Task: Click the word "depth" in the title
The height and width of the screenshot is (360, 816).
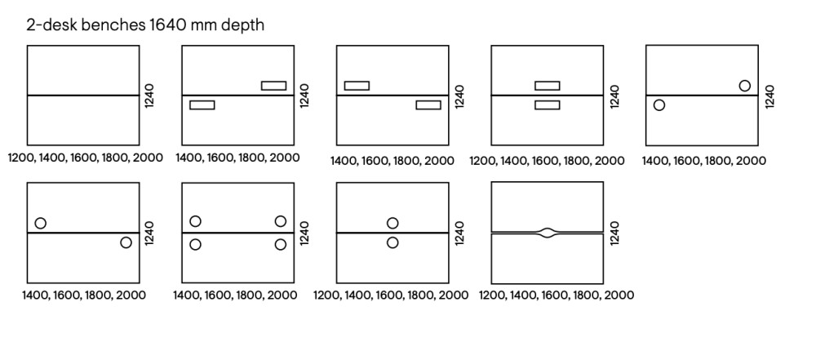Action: pyautogui.click(x=242, y=25)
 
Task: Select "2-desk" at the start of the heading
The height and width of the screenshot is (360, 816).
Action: pyautogui.click(x=47, y=25)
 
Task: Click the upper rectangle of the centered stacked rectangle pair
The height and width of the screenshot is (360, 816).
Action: pyautogui.click(x=548, y=86)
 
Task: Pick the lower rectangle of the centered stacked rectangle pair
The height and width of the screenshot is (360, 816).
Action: pyautogui.click(x=548, y=104)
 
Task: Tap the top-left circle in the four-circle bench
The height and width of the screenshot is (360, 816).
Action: pyautogui.click(x=196, y=221)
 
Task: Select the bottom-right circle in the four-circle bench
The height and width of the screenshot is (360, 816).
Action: pyautogui.click(x=281, y=244)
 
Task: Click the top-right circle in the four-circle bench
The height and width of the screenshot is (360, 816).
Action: pyautogui.click(x=281, y=221)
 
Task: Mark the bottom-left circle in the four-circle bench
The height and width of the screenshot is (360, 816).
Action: pyautogui.click(x=196, y=244)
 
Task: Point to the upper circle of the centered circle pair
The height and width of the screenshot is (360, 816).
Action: pyautogui.click(x=392, y=223)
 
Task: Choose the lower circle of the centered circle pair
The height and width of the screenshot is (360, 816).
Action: pyautogui.click(x=392, y=243)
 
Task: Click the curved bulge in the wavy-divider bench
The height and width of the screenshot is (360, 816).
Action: pyautogui.click(x=548, y=232)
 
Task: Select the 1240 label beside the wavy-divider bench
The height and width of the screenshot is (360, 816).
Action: pyautogui.click(x=614, y=233)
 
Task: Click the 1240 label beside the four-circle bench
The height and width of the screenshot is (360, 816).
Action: pyautogui.click(x=304, y=233)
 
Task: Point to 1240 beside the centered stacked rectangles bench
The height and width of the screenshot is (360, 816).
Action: pyautogui.click(x=614, y=95)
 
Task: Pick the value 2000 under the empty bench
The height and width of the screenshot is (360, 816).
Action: pyautogui.click(x=147, y=158)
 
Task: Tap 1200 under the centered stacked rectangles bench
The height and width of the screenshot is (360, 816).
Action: pyautogui.click(x=485, y=160)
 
